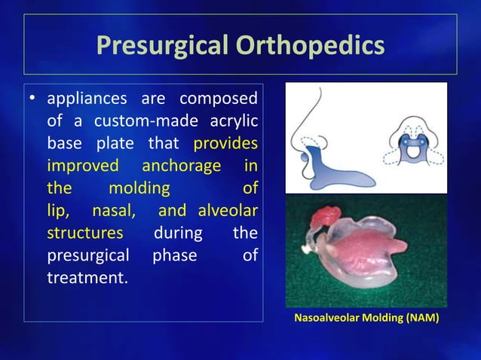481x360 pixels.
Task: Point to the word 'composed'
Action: click(x=218, y=99)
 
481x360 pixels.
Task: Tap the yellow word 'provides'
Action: click(x=225, y=143)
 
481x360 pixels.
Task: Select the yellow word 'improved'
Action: click(x=82, y=165)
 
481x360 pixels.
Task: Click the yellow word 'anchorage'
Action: click(x=181, y=165)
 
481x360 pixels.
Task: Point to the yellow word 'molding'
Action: click(x=139, y=187)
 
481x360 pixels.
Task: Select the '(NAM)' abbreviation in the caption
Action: click(x=422, y=319)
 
